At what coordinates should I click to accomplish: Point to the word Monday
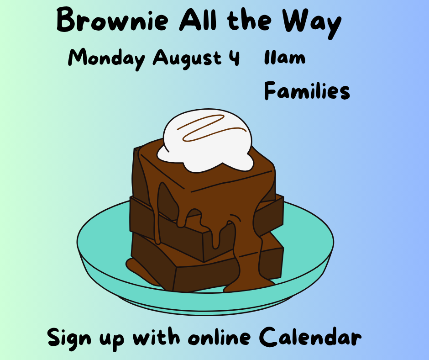(x=106, y=58)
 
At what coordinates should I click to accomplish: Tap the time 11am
(x=284, y=58)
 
